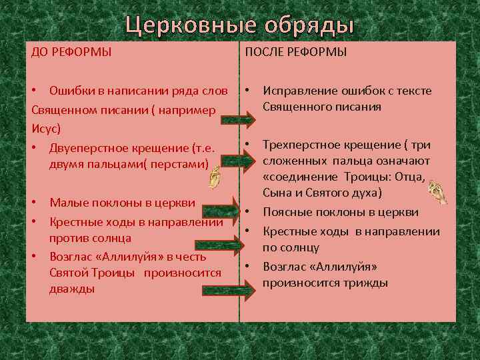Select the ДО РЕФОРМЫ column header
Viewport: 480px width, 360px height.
71,52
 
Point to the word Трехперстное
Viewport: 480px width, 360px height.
303,145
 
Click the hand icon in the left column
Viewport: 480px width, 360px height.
214,177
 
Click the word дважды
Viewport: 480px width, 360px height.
71,289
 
